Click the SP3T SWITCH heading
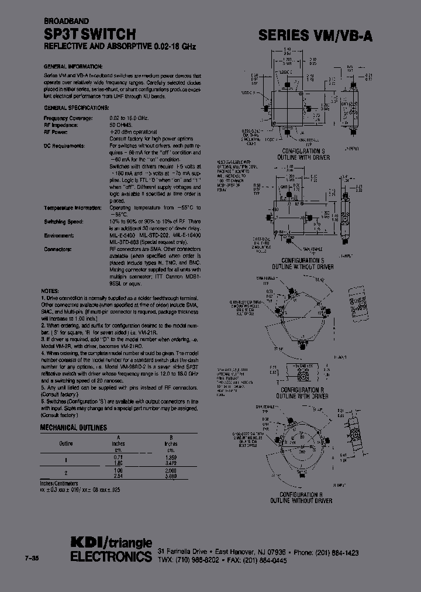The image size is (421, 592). click(x=90, y=35)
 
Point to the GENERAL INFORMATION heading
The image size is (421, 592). click(x=73, y=66)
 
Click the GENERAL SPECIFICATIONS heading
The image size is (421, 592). click(x=76, y=108)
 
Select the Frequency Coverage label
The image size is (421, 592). click(x=68, y=119)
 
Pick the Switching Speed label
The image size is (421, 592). click(x=64, y=221)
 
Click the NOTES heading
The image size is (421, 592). click(x=50, y=291)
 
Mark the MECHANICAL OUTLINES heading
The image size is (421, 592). click(x=73, y=428)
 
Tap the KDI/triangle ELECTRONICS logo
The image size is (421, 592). click(x=111, y=549)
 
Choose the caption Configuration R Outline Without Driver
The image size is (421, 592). click(x=301, y=498)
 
